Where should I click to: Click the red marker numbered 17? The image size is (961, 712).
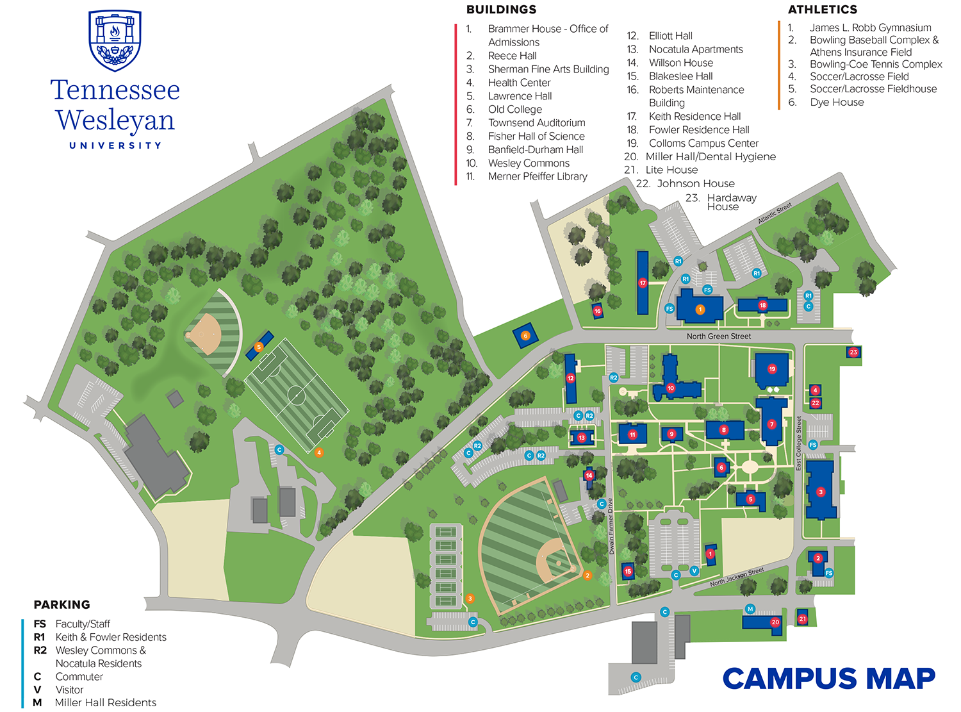tap(643, 283)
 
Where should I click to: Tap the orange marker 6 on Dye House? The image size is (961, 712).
tap(525, 335)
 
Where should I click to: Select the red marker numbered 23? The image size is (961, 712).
tap(853, 352)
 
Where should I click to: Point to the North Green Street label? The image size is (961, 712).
tap(718, 336)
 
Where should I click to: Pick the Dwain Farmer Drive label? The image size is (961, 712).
tap(611, 526)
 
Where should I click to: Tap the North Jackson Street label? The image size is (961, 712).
tap(737, 577)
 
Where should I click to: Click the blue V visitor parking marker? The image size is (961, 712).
tap(694, 570)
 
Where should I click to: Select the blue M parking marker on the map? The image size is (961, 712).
tap(750, 609)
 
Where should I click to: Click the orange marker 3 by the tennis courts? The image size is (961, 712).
tap(470, 599)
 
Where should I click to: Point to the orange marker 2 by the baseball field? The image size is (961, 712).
tap(587, 575)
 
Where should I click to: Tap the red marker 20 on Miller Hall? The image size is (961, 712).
tap(775, 622)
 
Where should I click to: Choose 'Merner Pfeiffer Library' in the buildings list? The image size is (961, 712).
tap(538, 177)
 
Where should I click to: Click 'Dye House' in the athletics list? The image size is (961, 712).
tap(837, 103)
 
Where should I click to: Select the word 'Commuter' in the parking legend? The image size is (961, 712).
tap(79, 677)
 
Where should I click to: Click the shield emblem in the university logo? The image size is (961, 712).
tap(115, 40)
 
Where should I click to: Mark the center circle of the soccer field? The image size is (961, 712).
tap(296, 395)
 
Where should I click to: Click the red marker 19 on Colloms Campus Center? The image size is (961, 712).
tap(772, 369)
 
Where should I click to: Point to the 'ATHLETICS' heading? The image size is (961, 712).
tap(822, 10)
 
